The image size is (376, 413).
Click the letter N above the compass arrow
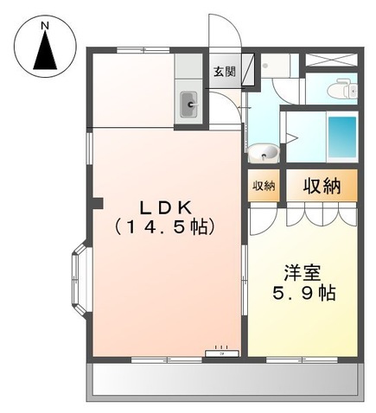pos(46,27)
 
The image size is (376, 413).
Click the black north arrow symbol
pos(46,54)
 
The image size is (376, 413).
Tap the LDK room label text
pos(166,208)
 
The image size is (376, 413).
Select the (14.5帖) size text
pos(166,229)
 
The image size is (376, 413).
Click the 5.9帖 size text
pos(302,292)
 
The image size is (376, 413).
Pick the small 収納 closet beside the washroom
pos(263,187)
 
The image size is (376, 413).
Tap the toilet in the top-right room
pos(344,87)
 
